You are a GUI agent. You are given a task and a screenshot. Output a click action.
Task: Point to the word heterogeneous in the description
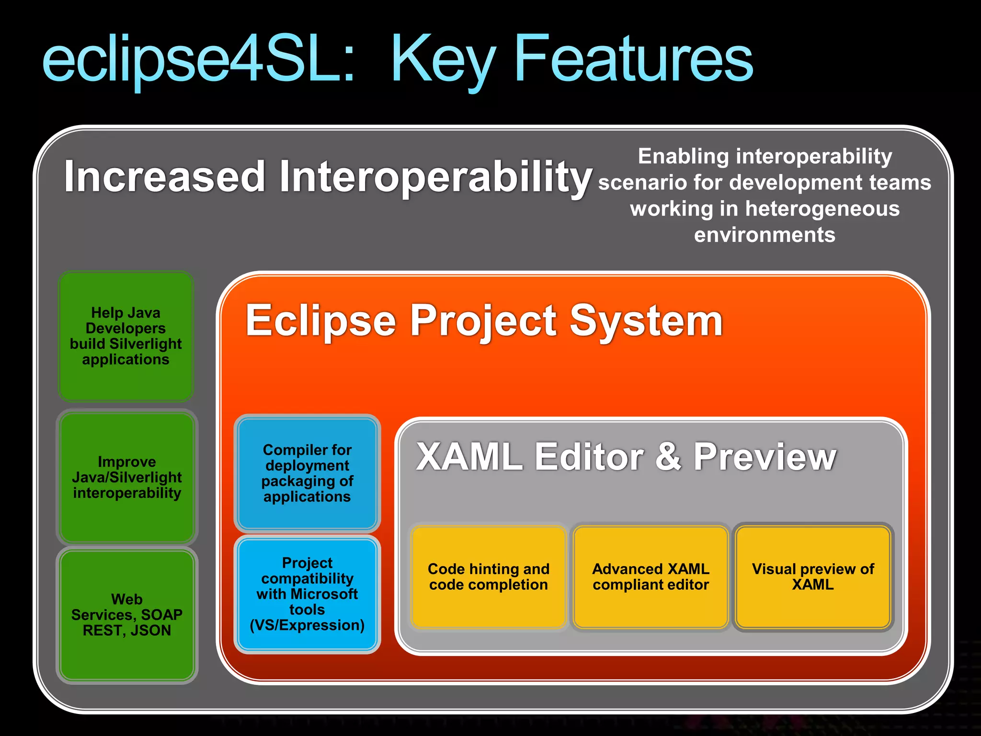click(x=822, y=209)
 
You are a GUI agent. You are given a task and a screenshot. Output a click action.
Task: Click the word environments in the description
click(x=764, y=235)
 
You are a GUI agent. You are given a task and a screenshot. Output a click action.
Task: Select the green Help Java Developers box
click(x=126, y=336)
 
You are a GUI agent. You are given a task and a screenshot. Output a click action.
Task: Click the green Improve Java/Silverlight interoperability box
click(x=127, y=477)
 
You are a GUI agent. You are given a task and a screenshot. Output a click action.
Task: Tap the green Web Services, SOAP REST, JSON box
click(x=127, y=615)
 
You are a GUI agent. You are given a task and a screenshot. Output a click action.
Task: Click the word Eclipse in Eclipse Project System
click(x=321, y=321)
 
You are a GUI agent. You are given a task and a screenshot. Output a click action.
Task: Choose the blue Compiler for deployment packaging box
click(x=307, y=473)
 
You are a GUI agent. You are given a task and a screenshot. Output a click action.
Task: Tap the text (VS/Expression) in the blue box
click(x=307, y=625)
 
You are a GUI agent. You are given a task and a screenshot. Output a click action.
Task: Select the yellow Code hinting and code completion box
click(x=488, y=577)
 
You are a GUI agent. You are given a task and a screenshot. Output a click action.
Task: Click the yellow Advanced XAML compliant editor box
click(x=650, y=577)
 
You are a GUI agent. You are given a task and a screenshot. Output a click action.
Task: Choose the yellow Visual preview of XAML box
click(x=813, y=577)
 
